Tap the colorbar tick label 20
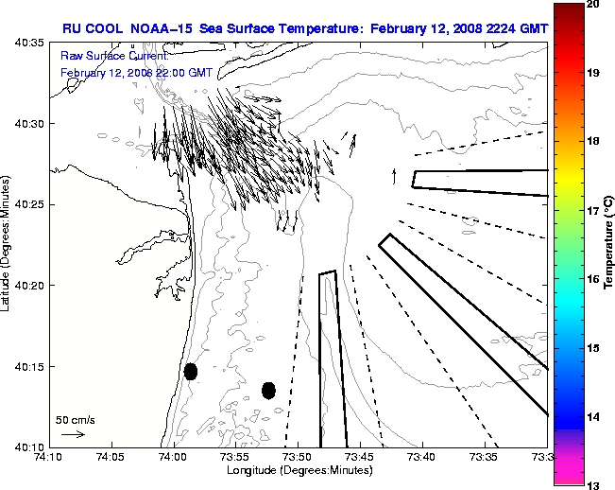pos(591,6)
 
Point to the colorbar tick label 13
pos(591,483)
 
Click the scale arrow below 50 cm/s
pos(73,434)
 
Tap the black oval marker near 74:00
pos(191,371)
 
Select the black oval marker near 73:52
pos(268,390)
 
